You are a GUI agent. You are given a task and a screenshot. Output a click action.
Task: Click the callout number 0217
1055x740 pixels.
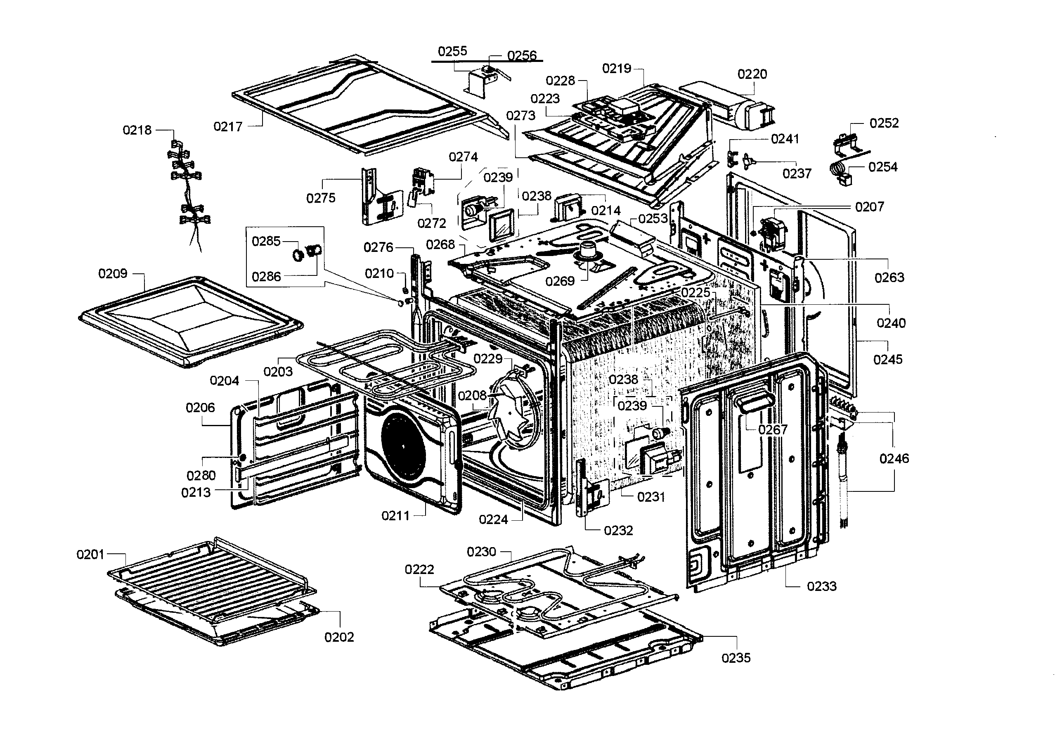click(x=228, y=126)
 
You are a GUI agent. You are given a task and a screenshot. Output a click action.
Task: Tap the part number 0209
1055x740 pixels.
click(x=113, y=274)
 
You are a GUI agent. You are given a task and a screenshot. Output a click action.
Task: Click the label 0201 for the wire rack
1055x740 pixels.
click(x=90, y=555)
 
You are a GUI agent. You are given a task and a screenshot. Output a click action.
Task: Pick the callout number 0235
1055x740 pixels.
click(x=736, y=658)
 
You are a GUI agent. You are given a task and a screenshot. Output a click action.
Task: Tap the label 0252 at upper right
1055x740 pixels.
click(x=884, y=123)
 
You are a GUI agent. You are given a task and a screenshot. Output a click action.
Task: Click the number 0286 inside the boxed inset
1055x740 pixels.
click(x=267, y=277)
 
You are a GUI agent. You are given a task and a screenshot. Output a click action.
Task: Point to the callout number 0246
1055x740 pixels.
click(x=894, y=458)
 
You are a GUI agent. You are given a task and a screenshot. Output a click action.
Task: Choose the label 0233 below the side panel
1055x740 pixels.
click(x=821, y=586)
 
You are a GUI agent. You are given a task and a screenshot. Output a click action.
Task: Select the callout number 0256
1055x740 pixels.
click(x=522, y=56)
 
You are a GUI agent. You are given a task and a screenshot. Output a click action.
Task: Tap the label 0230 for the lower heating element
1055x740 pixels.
click(x=481, y=552)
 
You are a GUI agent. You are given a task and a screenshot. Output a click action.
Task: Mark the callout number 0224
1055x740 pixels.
click(x=494, y=520)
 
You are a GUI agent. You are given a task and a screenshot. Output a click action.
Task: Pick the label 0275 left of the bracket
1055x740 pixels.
click(x=321, y=198)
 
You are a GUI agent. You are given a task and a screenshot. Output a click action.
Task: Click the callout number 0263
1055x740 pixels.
click(x=889, y=277)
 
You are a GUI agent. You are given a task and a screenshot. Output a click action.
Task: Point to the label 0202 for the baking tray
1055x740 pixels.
click(x=339, y=637)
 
